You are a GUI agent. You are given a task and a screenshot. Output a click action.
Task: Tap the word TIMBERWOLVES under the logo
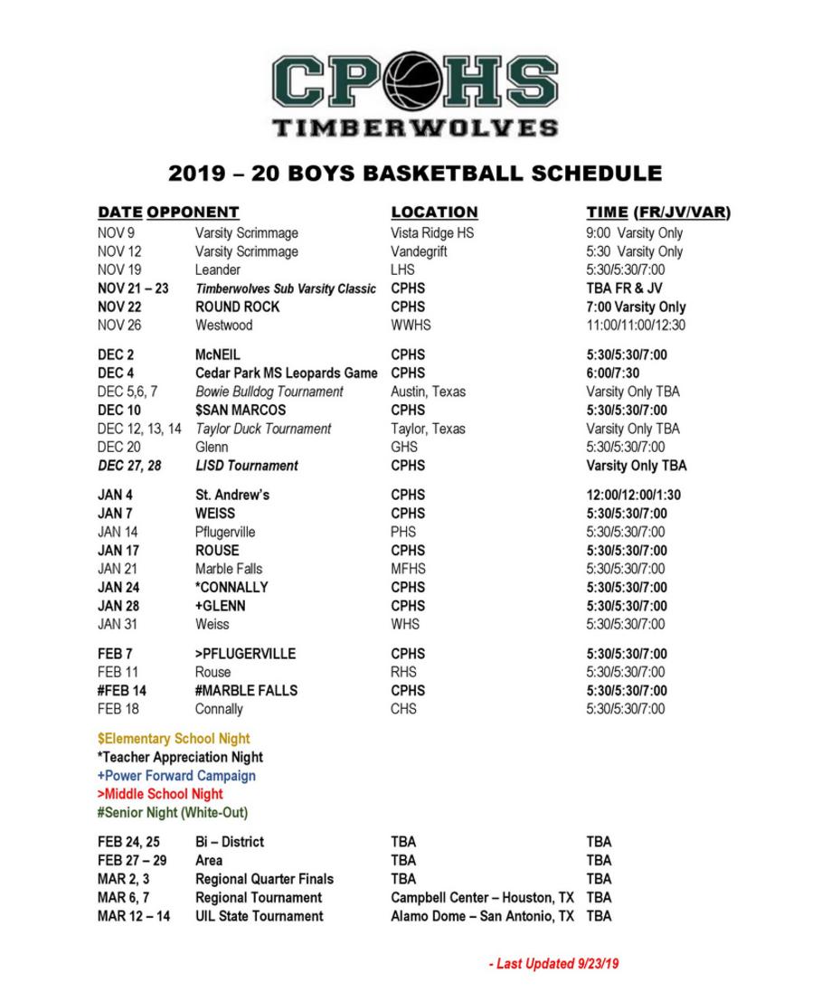(x=415, y=127)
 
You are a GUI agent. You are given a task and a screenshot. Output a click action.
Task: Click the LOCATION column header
(x=434, y=212)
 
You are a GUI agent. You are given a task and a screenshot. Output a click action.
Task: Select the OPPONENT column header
(x=193, y=212)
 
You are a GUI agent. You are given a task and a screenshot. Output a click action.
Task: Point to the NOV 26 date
(x=119, y=326)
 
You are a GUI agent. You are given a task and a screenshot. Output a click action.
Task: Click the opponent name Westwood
(x=223, y=326)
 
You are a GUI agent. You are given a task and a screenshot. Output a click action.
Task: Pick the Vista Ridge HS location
(x=432, y=233)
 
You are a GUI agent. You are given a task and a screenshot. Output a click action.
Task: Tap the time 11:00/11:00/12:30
(x=636, y=326)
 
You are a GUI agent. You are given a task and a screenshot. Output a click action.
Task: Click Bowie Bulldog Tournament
(x=269, y=392)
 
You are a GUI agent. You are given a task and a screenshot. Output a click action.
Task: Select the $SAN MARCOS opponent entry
(x=241, y=411)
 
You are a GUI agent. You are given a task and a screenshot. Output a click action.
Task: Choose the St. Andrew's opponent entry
(x=232, y=496)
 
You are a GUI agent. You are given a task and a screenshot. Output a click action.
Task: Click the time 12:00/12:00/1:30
(x=634, y=496)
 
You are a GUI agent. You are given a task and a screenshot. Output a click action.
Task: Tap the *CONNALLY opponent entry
(x=231, y=588)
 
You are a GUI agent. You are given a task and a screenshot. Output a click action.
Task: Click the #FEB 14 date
(x=122, y=691)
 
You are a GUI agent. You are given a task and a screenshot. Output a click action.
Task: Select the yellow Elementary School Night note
(x=174, y=739)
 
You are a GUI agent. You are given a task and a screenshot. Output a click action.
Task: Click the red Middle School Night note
(x=160, y=794)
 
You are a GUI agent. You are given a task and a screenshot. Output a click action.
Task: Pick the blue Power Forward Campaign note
(x=176, y=776)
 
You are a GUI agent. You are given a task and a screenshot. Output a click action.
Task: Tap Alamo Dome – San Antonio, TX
(x=482, y=916)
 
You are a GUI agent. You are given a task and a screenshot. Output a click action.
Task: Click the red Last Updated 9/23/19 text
(x=553, y=964)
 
